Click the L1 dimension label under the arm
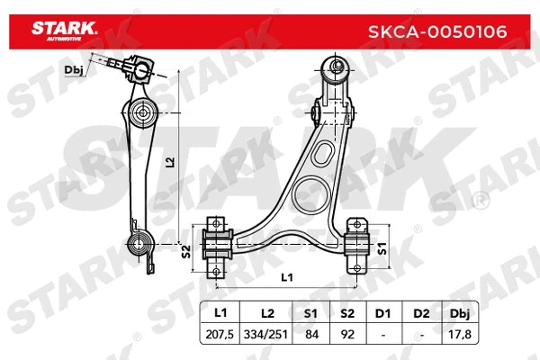pyautogui.click(x=286, y=277)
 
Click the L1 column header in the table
pyautogui.click(x=220, y=313)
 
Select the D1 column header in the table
pyautogui.click(x=382, y=313)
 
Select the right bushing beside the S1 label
pyautogui.click(x=357, y=244)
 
